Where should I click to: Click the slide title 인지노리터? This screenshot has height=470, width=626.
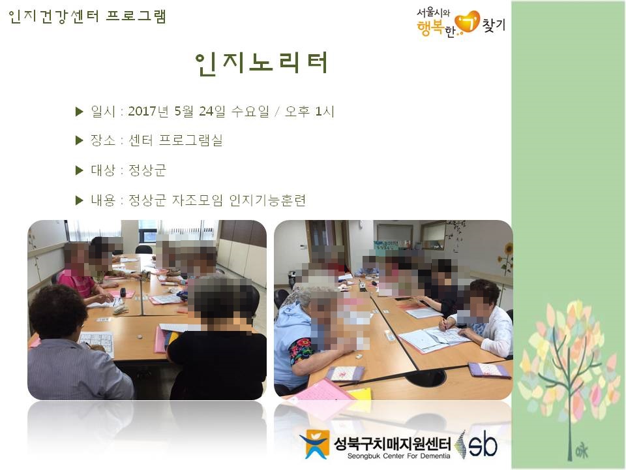coord(261,63)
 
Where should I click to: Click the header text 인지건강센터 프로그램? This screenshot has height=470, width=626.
coord(87,16)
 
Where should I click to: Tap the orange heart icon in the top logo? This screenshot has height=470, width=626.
coord(467,22)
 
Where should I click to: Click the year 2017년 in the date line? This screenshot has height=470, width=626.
coord(149,112)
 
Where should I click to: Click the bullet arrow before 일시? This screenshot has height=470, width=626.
coord(80,112)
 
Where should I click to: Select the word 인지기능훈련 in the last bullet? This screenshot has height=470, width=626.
coord(267,200)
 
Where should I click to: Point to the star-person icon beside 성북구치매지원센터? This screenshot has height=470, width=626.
coord(314,444)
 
